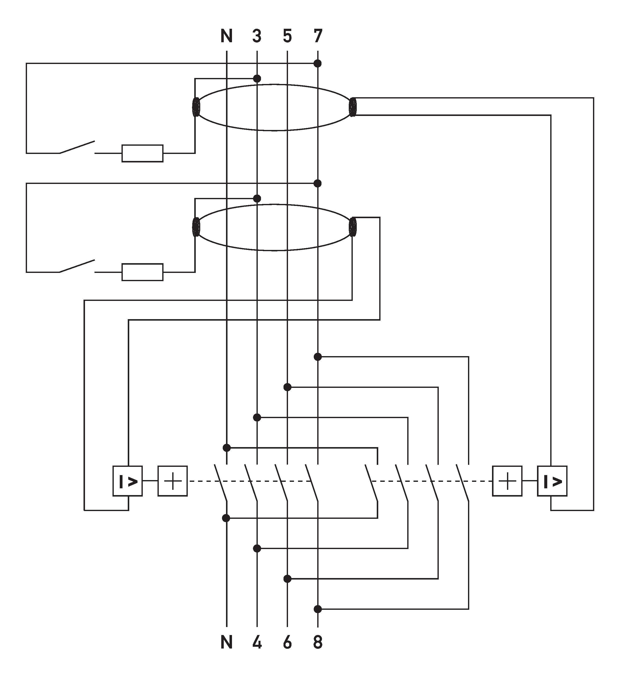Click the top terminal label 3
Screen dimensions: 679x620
pyautogui.click(x=257, y=36)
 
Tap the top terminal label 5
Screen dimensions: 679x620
pyautogui.click(x=287, y=36)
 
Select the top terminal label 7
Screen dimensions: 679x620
pyautogui.click(x=318, y=36)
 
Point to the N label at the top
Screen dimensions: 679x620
pyautogui.click(x=226, y=36)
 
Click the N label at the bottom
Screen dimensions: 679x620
pyautogui.click(x=226, y=643)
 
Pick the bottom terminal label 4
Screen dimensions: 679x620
pyautogui.click(x=257, y=643)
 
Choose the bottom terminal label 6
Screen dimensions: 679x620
pyautogui.click(x=287, y=643)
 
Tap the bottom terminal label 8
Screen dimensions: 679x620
pyautogui.click(x=318, y=643)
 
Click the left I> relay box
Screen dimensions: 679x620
pyautogui.click(x=127, y=481)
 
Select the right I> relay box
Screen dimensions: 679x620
pyautogui.click(x=552, y=481)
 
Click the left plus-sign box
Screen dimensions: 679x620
pyautogui.click(x=172, y=481)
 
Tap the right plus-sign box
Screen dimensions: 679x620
pyautogui.click(x=507, y=481)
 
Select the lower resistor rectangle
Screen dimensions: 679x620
pyautogui.click(x=142, y=272)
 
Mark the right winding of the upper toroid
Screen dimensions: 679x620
pyautogui.click(x=352, y=107)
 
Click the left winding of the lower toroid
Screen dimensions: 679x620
pyautogui.click(x=196, y=227)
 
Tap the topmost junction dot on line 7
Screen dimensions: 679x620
pyautogui.click(x=317, y=63)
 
